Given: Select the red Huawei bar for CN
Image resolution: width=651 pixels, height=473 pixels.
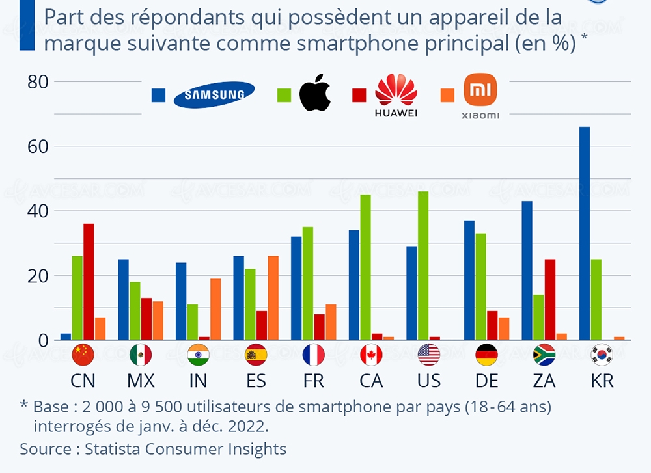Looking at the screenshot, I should (89, 282).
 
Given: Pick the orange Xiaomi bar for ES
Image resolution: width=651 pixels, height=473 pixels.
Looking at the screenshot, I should (273, 298).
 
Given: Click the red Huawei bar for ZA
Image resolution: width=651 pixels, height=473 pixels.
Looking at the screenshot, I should (549, 299).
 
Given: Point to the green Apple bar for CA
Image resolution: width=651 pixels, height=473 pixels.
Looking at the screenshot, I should (365, 267).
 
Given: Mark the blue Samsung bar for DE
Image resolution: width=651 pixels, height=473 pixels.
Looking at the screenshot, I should (469, 280).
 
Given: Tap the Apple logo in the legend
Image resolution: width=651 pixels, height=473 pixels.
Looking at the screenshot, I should (315, 93).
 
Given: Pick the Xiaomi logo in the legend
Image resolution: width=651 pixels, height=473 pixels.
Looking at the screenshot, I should (480, 96).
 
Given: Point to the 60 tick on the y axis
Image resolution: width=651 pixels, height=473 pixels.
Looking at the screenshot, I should (38, 146).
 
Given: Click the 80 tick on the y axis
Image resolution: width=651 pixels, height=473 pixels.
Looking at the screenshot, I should (38, 82).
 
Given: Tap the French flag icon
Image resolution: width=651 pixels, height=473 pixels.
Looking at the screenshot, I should (313, 355).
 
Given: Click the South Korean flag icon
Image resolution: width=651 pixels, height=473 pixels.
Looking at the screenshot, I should (602, 355).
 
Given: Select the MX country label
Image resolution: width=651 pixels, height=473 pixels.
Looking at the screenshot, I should (141, 381).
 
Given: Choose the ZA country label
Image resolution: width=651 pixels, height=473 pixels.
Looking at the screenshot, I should (544, 381).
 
